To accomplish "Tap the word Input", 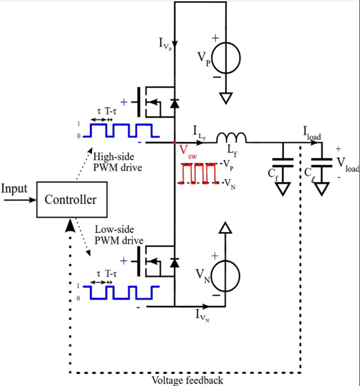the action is tap(14, 189).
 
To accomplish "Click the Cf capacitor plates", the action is tap(283, 163).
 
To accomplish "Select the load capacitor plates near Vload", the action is tap(322, 163).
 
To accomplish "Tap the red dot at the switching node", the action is tap(175, 142).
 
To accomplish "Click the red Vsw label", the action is tap(188, 152).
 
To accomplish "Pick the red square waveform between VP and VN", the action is tap(199, 173).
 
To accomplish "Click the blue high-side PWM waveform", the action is tap(121, 130).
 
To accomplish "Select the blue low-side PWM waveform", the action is tap(121, 293).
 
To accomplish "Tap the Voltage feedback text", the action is tap(187, 380).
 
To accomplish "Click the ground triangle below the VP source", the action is tap(226, 98).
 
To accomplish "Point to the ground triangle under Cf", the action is tap(283, 189).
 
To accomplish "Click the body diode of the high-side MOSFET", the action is tap(175, 103).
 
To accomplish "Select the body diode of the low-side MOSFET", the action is tap(175, 263).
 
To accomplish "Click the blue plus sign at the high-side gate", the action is tap(124, 102).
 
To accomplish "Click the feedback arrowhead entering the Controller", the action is tap(70, 225).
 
